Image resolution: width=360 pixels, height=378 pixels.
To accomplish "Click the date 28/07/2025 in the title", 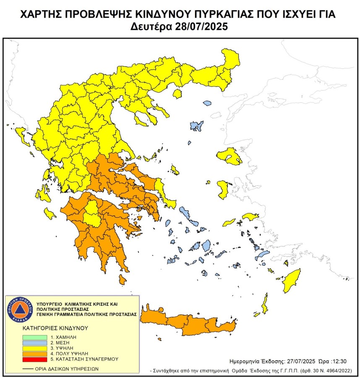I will pyautogui.click(x=201, y=27).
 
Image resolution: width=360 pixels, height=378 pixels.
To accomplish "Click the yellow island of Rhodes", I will pyautogui.click(x=291, y=282).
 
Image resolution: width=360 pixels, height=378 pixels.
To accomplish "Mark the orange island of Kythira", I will pyautogui.click(x=123, y=279).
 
